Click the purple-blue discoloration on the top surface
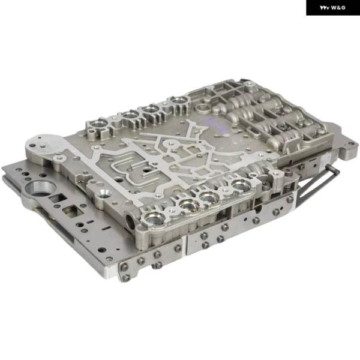click(216, 126)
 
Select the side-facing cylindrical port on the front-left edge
click(130, 223)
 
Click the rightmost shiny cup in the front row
click(241, 185)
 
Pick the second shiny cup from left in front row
click(190, 205)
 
